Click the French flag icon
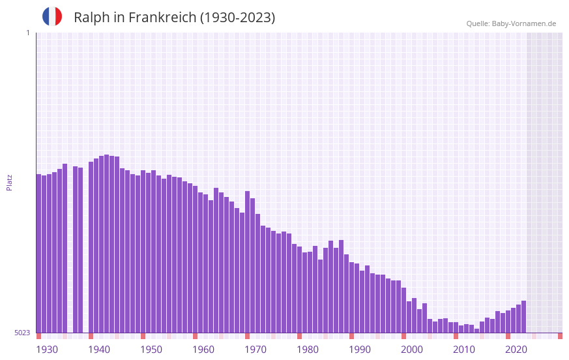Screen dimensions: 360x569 (x=52, y=17)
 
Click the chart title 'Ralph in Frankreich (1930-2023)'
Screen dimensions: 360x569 (x=174, y=18)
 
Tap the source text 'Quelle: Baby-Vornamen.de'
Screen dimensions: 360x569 (x=511, y=23)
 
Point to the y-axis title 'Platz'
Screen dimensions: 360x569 (x=9, y=182)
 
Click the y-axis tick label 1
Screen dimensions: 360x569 (x=27, y=33)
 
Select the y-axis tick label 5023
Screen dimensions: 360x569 (x=22, y=333)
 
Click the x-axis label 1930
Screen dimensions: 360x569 (x=47, y=350)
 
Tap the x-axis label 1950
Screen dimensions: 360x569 (x=151, y=350)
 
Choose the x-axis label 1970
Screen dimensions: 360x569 (x=255, y=350)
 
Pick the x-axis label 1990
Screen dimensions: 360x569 (x=360, y=350)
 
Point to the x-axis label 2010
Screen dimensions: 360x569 (x=464, y=350)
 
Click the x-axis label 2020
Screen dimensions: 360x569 (x=516, y=350)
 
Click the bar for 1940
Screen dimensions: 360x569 (x=91, y=247)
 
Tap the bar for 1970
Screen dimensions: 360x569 (x=248, y=262)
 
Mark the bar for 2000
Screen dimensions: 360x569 (x=404, y=310)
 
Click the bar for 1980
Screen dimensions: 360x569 (x=300, y=290)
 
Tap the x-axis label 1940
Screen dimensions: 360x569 (x=99, y=350)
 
